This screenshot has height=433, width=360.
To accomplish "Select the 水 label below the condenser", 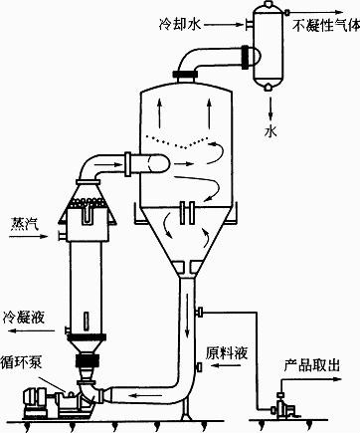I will (270, 130).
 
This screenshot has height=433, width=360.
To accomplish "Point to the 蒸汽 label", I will (24, 221).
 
